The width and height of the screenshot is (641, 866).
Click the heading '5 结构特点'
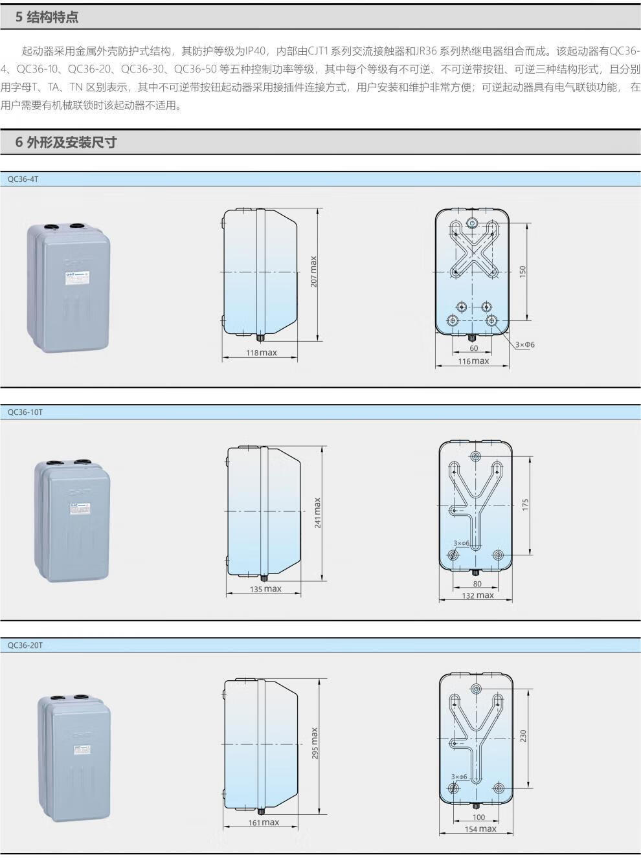[x=47, y=17]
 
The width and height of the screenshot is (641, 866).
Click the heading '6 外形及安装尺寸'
[x=66, y=142]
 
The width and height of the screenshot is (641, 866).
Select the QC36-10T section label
[x=25, y=412]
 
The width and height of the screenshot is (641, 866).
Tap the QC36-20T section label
[x=25, y=645]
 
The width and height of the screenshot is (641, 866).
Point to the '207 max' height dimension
[x=313, y=272]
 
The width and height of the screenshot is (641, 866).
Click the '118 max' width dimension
[x=261, y=353]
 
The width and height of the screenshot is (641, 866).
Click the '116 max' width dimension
[x=473, y=361]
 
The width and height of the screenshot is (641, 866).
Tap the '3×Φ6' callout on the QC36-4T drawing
[x=525, y=344]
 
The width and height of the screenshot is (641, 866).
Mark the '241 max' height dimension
[x=317, y=512]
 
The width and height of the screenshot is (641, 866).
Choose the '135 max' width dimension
[x=265, y=589]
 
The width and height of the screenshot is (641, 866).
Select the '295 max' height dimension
[x=314, y=743]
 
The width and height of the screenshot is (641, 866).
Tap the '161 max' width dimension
[x=264, y=823]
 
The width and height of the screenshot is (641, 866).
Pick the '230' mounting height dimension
[x=524, y=736]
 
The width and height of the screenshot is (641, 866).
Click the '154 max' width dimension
[x=480, y=829]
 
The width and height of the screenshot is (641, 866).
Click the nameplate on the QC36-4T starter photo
[x=76, y=275]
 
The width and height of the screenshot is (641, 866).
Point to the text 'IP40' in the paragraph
[x=256, y=51]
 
